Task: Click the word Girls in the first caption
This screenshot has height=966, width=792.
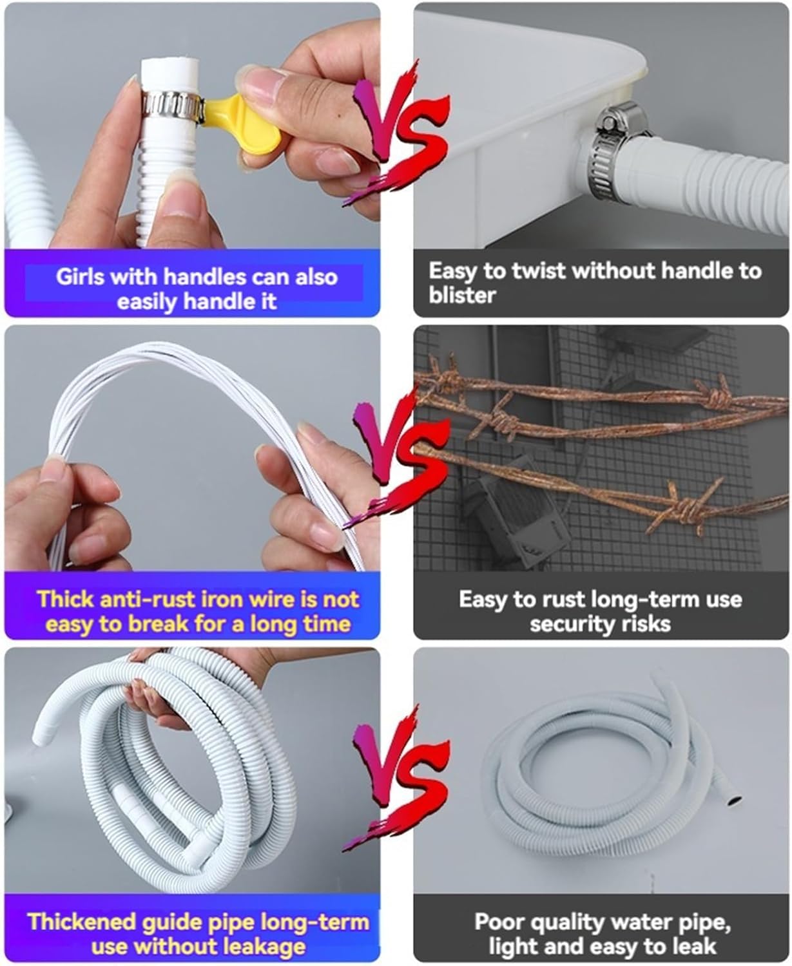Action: (80, 277)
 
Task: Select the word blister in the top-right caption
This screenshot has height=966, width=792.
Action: (461, 296)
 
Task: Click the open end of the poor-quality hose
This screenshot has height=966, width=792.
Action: (734, 801)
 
